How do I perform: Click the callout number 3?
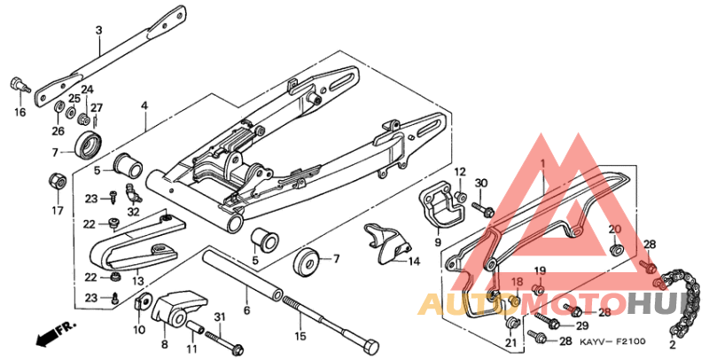click(98, 31)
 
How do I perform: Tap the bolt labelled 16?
click(18, 85)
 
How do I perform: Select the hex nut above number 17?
click(52, 182)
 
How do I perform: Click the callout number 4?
click(144, 106)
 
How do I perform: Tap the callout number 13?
click(137, 281)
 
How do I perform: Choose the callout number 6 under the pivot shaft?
click(247, 310)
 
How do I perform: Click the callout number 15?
click(300, 336)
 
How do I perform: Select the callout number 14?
click(413, 261)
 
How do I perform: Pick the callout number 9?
click(437, 242)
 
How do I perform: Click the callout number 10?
click(138, 330)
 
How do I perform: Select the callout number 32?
click(134, 211)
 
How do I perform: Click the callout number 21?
click(510, 343)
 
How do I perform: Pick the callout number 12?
click(460, 171)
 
